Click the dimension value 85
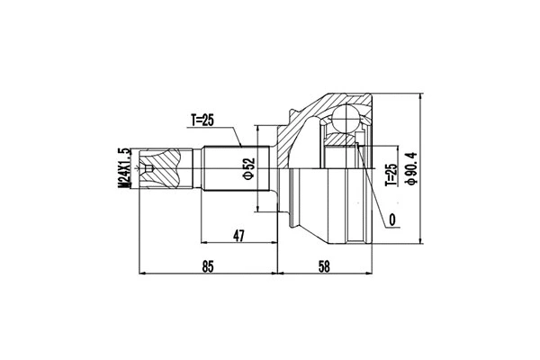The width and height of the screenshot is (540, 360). click(208, 265)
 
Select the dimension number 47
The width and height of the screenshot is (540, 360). click(239, 236)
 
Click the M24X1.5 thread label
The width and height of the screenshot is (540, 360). click(126, 169)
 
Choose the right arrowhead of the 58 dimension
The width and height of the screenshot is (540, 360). click(370, 274)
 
